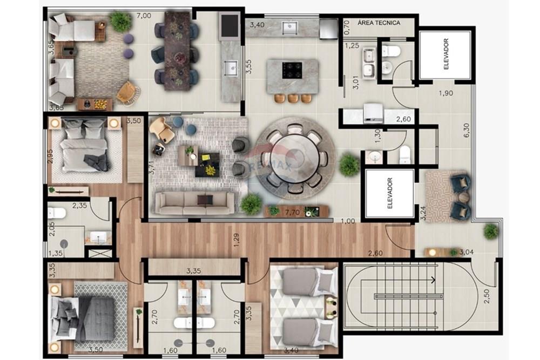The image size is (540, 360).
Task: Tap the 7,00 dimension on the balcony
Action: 144,16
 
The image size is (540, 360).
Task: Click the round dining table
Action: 295,157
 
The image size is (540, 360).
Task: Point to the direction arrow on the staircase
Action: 434,280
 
